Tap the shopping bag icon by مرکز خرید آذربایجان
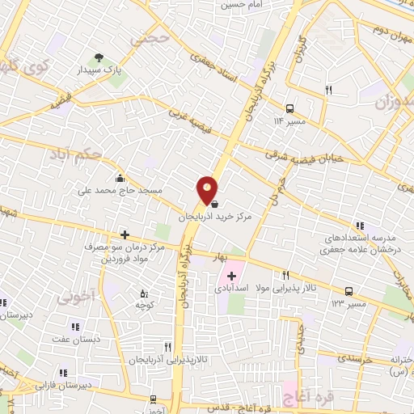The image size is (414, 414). pos(213,204)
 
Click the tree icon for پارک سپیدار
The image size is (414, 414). pos(99,57)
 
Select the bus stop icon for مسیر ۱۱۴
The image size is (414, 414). pos(289,108)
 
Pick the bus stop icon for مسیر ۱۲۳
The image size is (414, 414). pos(349,291)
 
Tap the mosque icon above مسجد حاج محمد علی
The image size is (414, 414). pos(120,180)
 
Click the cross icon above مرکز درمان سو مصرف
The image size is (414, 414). pos(124,234)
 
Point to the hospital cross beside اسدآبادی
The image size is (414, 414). pos(231,276)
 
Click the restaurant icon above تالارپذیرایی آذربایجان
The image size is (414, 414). pos(168,345)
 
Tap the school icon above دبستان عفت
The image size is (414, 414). pos(74,327)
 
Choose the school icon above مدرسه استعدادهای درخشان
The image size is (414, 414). pos(360,226)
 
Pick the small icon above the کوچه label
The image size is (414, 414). pos(144,293)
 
